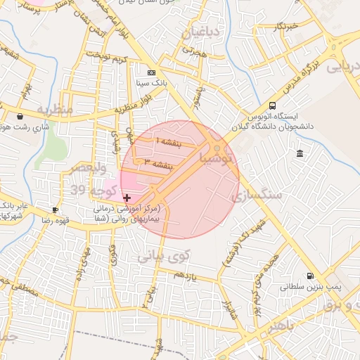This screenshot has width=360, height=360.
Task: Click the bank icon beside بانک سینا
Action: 151,73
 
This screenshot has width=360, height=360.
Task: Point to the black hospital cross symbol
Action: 127,198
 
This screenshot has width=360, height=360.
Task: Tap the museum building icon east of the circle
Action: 300,153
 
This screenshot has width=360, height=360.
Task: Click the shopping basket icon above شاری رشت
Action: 20,117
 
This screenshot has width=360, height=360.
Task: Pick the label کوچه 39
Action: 87,191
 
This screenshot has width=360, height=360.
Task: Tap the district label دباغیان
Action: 200,32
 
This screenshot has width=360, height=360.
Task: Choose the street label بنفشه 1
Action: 168,143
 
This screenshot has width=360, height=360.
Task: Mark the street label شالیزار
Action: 227,309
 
